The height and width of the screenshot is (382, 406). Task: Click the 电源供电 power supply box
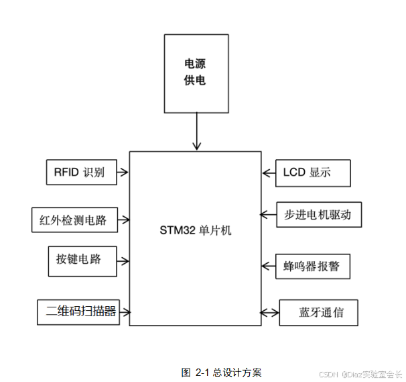195,73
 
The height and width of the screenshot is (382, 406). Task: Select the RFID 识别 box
80,172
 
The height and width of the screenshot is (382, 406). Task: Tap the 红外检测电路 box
74,219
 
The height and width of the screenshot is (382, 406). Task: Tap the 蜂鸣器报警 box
312,267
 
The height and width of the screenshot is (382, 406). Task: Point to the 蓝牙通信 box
318,313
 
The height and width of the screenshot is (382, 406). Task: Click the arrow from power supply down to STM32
196,131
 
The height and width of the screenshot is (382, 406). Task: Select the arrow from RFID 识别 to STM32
123,172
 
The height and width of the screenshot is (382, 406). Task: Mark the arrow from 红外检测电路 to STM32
124,219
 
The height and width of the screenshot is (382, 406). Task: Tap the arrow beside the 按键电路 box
123,260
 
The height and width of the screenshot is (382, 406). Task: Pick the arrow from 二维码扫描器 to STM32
125,312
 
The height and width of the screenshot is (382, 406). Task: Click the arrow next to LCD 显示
269,173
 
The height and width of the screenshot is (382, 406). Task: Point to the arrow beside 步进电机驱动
268,215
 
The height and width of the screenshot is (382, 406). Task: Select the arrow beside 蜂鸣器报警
268,267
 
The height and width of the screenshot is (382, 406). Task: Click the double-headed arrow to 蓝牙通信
269,313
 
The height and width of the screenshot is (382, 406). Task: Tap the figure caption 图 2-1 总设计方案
220,372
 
